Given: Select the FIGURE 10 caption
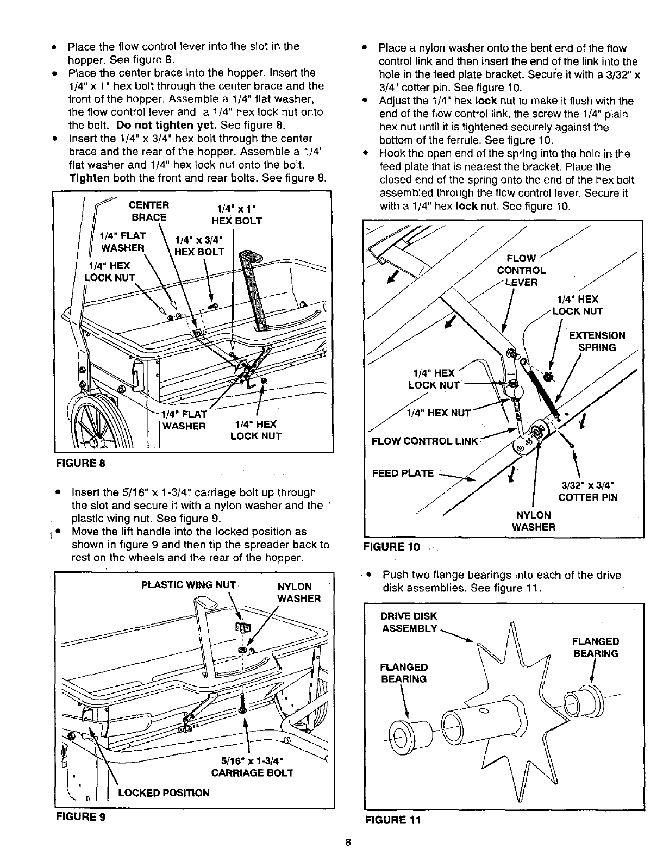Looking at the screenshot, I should [x=394, y=546].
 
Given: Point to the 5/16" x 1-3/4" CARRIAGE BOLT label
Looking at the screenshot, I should [x=251, y=766].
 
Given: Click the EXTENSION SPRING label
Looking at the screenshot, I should [x=596, y=341].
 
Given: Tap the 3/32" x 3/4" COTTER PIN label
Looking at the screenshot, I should [x=588, y=491].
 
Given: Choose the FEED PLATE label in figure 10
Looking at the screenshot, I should [x=403, y=473].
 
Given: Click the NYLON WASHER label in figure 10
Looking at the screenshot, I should [x=533, y=521].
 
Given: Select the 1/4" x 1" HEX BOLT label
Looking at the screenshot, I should [x=236, y=214].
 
